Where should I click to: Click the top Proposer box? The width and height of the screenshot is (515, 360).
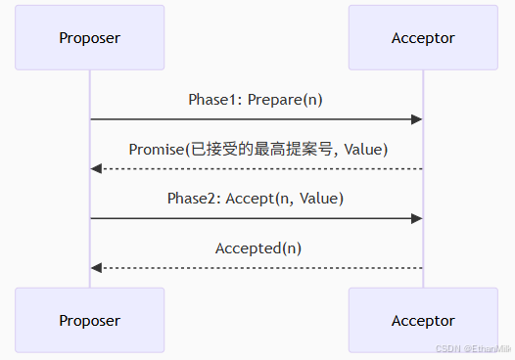coord(89,38)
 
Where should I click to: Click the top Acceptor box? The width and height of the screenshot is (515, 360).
coord(423,38)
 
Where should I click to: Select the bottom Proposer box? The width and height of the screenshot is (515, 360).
coord(89,320)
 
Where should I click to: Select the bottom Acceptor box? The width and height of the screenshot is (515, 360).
coord(423,320)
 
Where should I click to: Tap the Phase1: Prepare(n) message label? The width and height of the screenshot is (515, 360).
coord(256,100)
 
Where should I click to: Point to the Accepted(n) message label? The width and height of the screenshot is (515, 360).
coord(258,248)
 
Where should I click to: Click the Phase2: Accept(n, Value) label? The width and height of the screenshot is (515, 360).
coord(256,199)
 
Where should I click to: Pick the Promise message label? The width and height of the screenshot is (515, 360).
coord(258,149)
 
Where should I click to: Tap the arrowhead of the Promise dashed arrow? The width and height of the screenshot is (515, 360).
coord(96,168)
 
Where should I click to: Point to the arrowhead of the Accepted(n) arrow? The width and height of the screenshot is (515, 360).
coord(96,267)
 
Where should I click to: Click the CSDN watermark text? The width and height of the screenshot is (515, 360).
coord(474,349)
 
